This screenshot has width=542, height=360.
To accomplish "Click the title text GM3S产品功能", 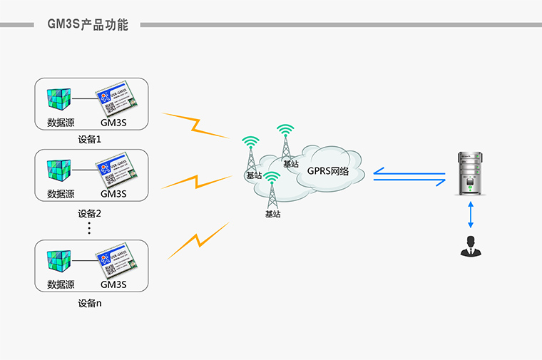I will tap(87, 25).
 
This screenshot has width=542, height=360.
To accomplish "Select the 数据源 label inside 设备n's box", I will tap(61, 284).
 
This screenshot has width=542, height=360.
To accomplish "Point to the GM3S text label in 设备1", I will tap(113, 123).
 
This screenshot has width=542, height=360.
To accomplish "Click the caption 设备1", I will tap(90, 139).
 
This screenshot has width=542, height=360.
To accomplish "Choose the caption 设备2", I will tap(90, 213).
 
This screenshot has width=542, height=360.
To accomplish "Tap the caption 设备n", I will tap(90, 304).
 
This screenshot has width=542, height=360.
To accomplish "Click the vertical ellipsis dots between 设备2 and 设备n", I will tap(90, 227).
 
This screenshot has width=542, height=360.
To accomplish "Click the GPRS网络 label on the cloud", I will tap(328, 171).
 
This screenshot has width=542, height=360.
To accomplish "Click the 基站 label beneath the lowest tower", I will tap(272, 214).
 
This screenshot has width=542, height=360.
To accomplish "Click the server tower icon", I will tap(469, 175).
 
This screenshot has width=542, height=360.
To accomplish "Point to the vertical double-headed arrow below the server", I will tap(469, 214).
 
